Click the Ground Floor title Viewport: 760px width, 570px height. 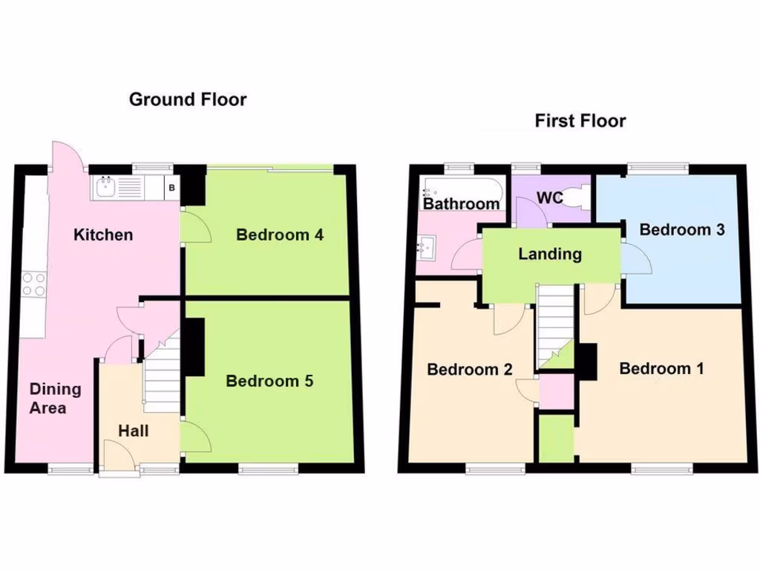188,99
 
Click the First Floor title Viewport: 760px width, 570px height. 580,120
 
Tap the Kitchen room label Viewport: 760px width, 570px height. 103,235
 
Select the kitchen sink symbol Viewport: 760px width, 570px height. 106,187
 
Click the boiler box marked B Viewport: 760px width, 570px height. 171,188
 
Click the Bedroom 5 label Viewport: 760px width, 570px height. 269,381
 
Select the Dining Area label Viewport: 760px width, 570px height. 55,399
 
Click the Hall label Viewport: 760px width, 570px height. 134,430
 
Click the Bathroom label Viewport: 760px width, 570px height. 462,203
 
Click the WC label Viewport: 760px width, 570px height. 551,198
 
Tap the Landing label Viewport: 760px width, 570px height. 549,254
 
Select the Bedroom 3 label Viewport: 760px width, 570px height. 681,229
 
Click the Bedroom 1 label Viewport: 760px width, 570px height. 661,369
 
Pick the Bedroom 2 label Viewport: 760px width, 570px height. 470,370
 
